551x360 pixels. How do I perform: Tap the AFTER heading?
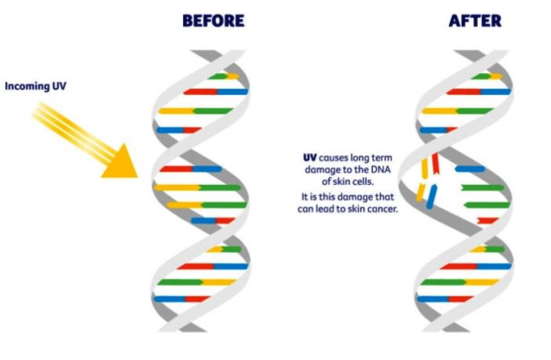point(474,21)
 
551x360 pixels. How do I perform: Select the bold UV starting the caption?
point(309,158)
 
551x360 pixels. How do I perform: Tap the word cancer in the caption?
point(382,209)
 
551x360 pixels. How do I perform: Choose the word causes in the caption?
point(334,158)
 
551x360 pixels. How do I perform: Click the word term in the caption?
point(383,158)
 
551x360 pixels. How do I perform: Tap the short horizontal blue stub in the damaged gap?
point(470,169)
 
